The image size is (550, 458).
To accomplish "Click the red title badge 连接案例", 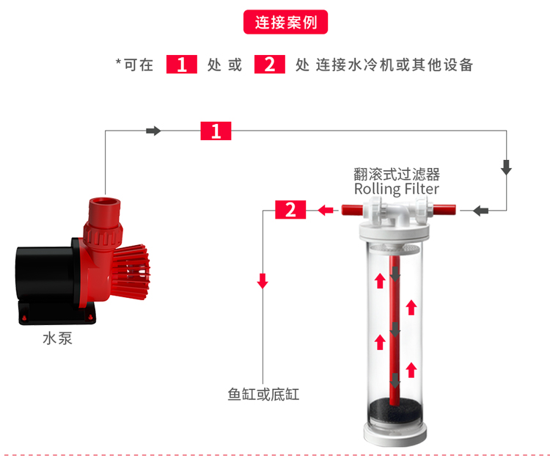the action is (285, 22).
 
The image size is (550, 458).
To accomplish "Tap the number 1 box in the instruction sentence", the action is (182, 65).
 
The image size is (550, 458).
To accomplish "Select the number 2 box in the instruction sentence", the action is (269, 65).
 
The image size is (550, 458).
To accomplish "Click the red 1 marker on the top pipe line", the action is (216, 131).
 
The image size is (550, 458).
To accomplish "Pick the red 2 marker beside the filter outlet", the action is (290, 211).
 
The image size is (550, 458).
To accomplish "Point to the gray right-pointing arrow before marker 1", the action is (153, 131).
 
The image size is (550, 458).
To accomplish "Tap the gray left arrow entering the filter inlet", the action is (480, 211).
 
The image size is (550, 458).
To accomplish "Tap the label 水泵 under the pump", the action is (57, 340).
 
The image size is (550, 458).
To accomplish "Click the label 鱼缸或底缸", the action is (263, 395).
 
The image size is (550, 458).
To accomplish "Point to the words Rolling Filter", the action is (397, 189).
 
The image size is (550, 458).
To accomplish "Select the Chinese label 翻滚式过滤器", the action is (397, 174).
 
